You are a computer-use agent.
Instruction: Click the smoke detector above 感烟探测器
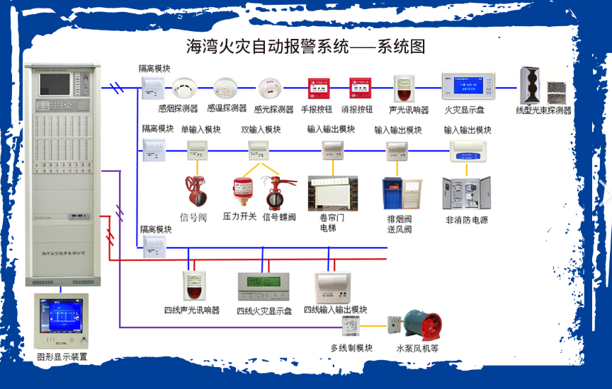[184, 88]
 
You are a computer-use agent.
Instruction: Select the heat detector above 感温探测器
[226, 88]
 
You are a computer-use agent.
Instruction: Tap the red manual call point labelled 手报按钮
[317, 88]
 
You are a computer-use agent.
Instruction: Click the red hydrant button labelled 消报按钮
[360, 88]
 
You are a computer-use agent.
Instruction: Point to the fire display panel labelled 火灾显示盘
[464, 86]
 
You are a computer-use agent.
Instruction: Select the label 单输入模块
[200, 129]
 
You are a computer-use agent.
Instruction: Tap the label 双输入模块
[261, 129]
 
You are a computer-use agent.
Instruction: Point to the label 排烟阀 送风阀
[400, 224]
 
